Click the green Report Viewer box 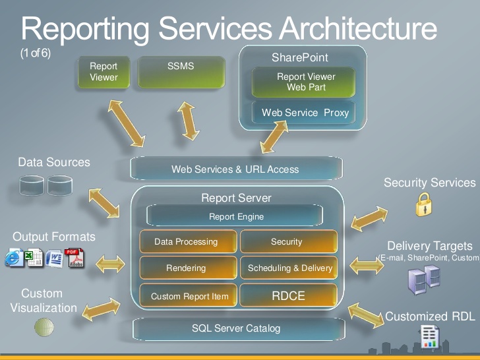(104, 73)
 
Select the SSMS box (181, 73)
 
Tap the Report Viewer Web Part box (303, 82)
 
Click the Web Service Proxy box (303, 112)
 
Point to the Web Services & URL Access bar (236, 169)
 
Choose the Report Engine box (235, 216)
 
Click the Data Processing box (188, 241)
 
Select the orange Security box (289, 241)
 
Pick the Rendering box (188, 268)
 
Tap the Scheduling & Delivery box (289, 268)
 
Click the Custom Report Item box (188, 295)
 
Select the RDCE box (289, 295)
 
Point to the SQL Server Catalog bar (239, 329)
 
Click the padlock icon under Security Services (424, 204)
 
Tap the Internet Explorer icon (14, 257)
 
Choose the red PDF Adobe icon (74, 258)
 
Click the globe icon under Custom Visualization (44, 327)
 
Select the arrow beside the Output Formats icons (110, 264)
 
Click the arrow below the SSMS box (189, 121)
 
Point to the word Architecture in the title (358, 28)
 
